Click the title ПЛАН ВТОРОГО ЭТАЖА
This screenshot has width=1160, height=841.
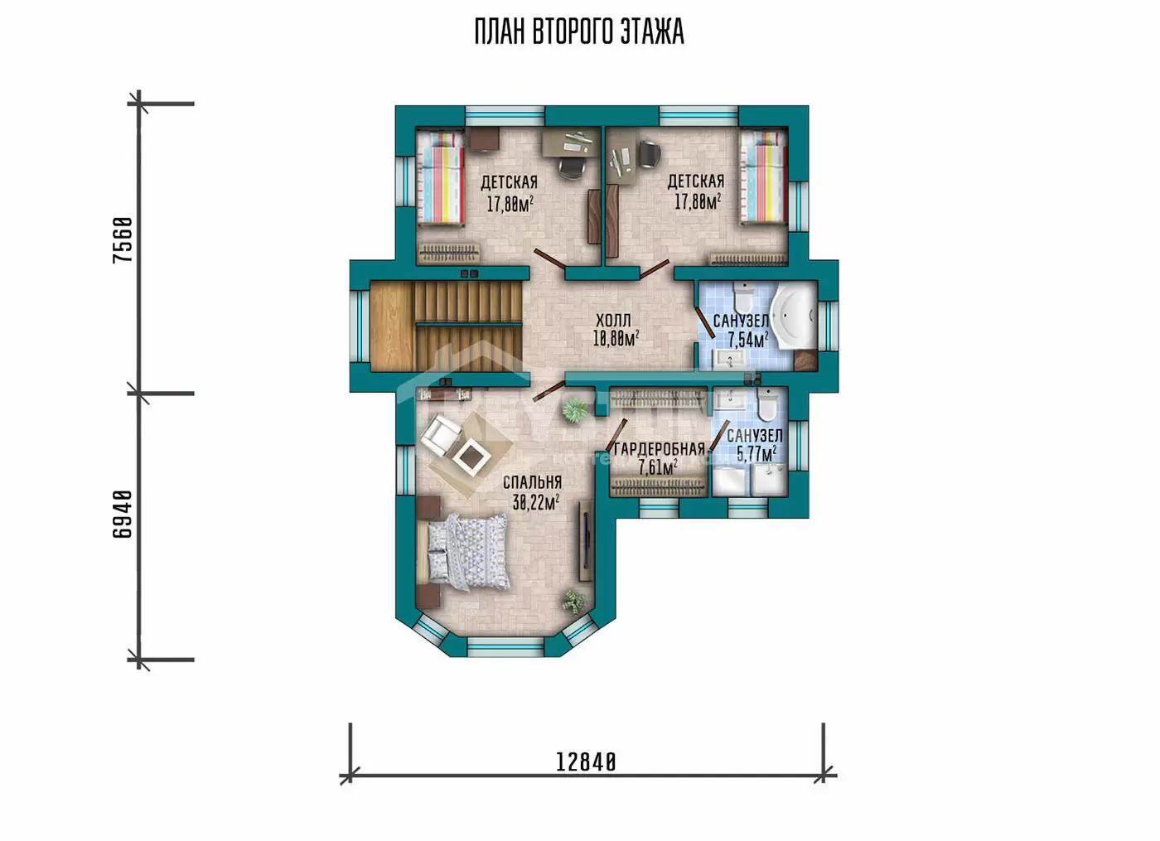pos(579,32)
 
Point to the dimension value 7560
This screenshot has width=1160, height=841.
pos(123,240)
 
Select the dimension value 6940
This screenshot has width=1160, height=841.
pos(123,514)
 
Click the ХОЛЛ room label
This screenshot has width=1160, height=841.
pos(614,321)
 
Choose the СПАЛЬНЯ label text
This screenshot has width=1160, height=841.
pos(532,482)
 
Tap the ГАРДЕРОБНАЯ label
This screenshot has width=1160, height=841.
pos(660,449)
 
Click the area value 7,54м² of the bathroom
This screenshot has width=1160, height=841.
pos(747,341)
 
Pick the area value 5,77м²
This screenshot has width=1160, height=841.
pos(756,454)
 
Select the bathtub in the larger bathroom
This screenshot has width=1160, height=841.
pos(793,316)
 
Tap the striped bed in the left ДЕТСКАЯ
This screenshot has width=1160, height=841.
pos(440,177)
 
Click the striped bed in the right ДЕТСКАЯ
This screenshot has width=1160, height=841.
pos(764,177)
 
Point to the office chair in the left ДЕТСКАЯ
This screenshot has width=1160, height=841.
pos(572,167)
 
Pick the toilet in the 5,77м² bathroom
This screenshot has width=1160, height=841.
pos(766,404)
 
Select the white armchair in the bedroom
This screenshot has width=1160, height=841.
pos(440,437)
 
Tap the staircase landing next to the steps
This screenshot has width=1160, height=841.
pos(392,326)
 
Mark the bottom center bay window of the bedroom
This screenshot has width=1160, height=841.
pos(505,647)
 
